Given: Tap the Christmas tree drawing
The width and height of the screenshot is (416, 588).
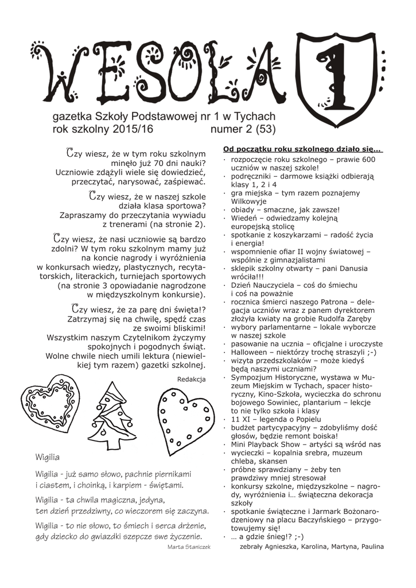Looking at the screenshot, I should [116, 415].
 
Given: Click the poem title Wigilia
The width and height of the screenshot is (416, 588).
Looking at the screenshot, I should [48, 458].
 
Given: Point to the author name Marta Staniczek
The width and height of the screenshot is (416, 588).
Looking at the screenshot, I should [187, 547].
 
